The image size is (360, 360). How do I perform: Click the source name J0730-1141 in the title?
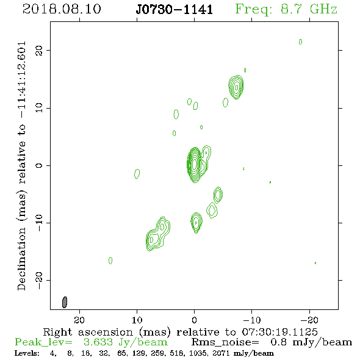pyautogui.click(x=174, y=9)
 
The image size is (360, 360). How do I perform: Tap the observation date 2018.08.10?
pyautogui.click(x=62, y=9)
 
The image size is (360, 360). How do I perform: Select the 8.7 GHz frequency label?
pyautogui.click(x=309, y=9)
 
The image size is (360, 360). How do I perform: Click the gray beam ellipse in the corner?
pyautogui.click(x=65, y=302)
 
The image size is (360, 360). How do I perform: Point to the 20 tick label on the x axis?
pyautogui.click(x=79, y=320)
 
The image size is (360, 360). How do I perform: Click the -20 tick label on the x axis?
pyautogui.click(x=309, y=320)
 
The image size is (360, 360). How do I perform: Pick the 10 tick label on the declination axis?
pyautogui.click(x=39, y=108)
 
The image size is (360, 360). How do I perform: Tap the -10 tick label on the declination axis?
pyautogui.click(x=39, y=223)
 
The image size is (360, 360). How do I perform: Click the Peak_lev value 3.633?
pyautogui.click(x=98, y=342)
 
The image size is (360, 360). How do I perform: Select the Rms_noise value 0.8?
pyautogui.click(x=279, y=342)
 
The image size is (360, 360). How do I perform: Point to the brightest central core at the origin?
pyautogui.click(x=195, y=165)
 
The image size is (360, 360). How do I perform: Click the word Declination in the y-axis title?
pyautogui.click(x=21, y=259)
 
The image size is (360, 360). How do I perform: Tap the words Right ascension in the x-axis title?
pyautogui.click(x=88, y=332)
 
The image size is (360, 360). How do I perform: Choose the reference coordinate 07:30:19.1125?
pyautogui.click(x=280, y=332)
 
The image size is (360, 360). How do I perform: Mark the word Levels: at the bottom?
pyautogui.click(x=27, y=353)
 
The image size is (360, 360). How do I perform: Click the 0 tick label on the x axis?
pyautogui.click(x=194, y=320)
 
